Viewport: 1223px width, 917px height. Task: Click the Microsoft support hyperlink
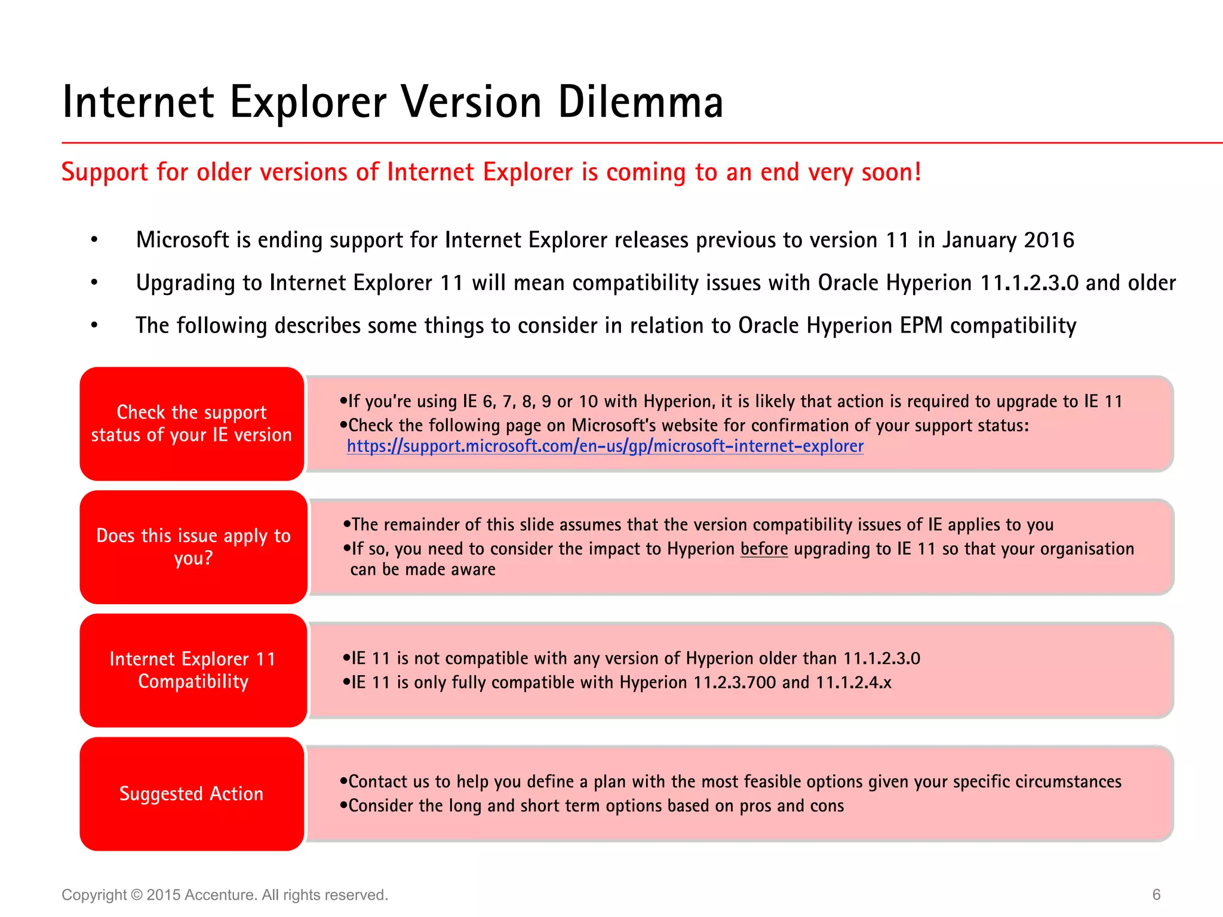click(605, 447)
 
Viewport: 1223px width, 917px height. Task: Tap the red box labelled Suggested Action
click(192, 793)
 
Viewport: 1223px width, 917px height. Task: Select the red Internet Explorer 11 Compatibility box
click(193, 670)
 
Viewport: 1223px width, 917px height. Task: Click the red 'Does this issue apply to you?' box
click(193, 547)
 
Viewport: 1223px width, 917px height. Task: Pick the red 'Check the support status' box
click(192, 423)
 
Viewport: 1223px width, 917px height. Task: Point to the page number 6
click(1156, 894)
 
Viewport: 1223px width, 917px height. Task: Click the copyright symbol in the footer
click(137, 895)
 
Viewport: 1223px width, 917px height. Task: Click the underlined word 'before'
click(764, 549)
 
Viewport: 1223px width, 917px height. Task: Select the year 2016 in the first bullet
click(1049, 240)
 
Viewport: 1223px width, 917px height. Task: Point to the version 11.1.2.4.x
click(853, 682)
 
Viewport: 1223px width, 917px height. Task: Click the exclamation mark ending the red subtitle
click(918, 172)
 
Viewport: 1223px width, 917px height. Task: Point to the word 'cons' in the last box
click(827, 806)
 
